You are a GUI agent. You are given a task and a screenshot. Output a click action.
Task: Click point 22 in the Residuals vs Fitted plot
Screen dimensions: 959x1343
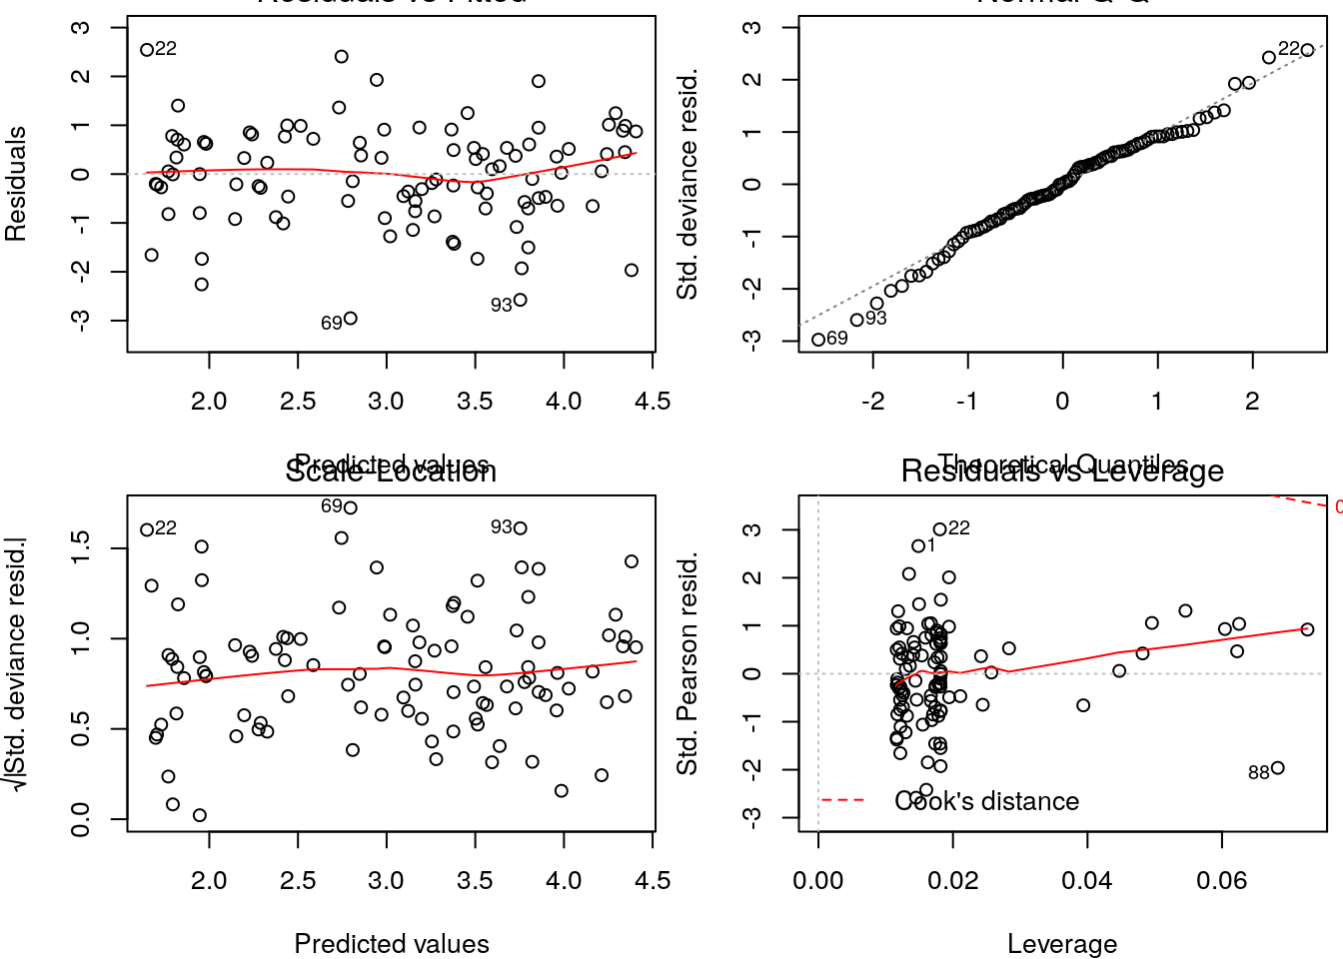pyautogui.click(x=147, y=50)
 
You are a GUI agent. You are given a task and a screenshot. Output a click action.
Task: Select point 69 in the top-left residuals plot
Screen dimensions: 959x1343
pyautogui.click(x=350, y=319)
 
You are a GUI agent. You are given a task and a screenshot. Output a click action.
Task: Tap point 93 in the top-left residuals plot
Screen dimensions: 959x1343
pyautogui.click(x=520, y=300)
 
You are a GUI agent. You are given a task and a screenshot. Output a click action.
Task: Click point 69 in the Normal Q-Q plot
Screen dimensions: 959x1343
pyautogui.click(x=818, y=340)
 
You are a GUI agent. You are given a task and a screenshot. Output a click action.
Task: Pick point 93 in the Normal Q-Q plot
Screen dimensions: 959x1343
pyautogui.click(x=856, y=320)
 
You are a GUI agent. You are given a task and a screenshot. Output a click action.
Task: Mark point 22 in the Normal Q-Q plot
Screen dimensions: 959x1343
pyautogui.click(x=1307, y=50)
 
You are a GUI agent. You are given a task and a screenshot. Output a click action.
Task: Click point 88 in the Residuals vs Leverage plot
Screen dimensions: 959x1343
pyautogui.click(x=1277, y=768)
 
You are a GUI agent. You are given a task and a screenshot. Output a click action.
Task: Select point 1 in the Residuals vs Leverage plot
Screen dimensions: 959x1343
pyautogui.click(x=918, y=546)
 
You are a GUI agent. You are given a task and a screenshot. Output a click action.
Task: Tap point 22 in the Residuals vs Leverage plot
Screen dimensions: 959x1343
pyautogui.click(x=939, y=529)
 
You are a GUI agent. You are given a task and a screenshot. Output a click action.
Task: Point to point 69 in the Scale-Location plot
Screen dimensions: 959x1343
pyautogui.click(x=350, y=507)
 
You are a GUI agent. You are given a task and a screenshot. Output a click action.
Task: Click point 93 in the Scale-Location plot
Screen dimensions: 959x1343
pyautogui.click(x=520, y=528)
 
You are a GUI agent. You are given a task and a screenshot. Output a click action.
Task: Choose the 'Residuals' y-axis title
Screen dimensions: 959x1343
pyautogui.click(x=16, y=184)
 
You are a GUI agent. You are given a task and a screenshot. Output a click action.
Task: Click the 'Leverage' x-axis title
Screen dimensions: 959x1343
pyautogui.click(x=1062, y=944)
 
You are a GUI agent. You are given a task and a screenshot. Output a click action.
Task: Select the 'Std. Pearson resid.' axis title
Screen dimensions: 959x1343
pyautogui.click(x=687, y=663)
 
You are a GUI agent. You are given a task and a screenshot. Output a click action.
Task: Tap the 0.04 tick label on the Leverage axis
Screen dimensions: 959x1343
pyautogui.click(x=1087, y=881)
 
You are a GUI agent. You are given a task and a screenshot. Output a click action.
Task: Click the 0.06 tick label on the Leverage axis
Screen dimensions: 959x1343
pyautogui.click(x=1222, y=881)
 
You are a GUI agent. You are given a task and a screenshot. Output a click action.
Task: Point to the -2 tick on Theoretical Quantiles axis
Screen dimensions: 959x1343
pyautogui.click(x=873, y=402)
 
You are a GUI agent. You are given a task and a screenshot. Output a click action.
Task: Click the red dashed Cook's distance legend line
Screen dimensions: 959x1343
pyautogui.click(x=841, y=800)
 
